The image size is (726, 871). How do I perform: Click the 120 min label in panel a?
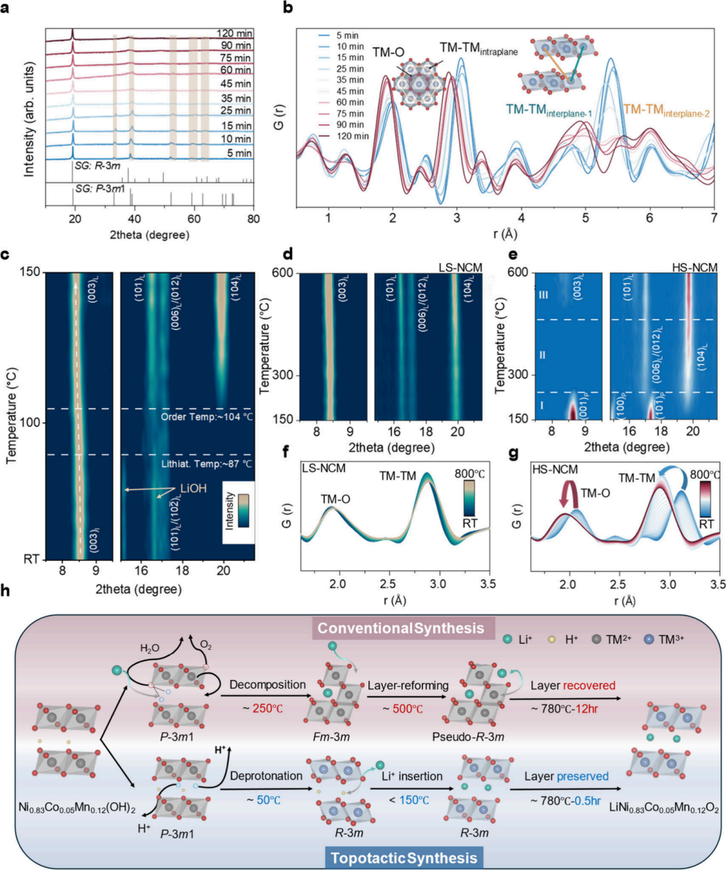point(234,34)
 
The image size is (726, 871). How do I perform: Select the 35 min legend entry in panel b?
point(350,80)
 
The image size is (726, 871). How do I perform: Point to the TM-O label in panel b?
point(388,52)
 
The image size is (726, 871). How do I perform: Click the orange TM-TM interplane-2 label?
point(666,110)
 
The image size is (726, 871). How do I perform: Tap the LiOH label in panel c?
point(193,488)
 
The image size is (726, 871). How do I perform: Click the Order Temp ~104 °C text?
point(207,417)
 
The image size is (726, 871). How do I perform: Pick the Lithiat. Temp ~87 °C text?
point(207,464)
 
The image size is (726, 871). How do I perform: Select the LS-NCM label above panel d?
point(461,267)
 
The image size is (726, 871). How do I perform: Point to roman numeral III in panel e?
point(544,296)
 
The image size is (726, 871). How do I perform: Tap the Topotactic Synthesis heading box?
point(403,858)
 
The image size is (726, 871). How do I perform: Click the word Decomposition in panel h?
point(267,685)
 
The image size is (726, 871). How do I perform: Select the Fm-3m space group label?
point(331,736)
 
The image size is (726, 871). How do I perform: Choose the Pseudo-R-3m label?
point(468,736)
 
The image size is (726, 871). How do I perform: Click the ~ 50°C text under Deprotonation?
point(264,800)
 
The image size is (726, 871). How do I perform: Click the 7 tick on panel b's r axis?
point(713,218)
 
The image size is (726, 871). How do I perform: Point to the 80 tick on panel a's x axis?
point(253,219)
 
